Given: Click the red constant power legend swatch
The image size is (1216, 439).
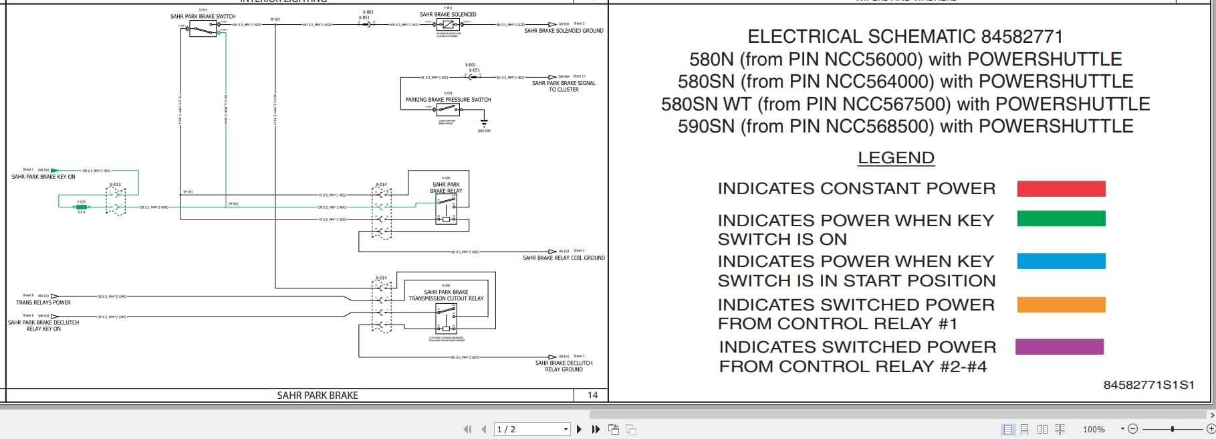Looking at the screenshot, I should point(1061,189).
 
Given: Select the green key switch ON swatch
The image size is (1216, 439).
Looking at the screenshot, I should point(1061,219).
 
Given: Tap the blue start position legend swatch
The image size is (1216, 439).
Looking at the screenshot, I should point(1061,261).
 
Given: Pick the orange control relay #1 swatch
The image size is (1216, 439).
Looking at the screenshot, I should point(1061,304).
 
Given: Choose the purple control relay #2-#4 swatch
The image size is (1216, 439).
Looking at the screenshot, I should point(1059,347).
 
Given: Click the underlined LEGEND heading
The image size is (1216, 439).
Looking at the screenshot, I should point(896,158).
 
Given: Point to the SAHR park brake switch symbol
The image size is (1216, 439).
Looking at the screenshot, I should point(203,29).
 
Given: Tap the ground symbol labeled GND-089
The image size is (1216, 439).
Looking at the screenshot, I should point(484,124).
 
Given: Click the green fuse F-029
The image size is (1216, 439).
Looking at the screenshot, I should point(82,207).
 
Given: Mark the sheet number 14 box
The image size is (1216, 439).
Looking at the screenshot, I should point(592,396).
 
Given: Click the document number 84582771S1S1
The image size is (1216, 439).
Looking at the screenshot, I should point(1148,385).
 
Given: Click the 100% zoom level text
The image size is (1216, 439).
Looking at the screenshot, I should point(1094,430).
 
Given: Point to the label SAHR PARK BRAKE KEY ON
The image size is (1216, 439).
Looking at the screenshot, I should point(43,177).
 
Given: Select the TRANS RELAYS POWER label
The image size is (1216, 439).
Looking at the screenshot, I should point(43,302).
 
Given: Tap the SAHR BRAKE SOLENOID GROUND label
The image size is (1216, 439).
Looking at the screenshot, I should point(564,31).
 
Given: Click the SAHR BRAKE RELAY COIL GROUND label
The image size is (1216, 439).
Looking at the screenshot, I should point(564,258).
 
